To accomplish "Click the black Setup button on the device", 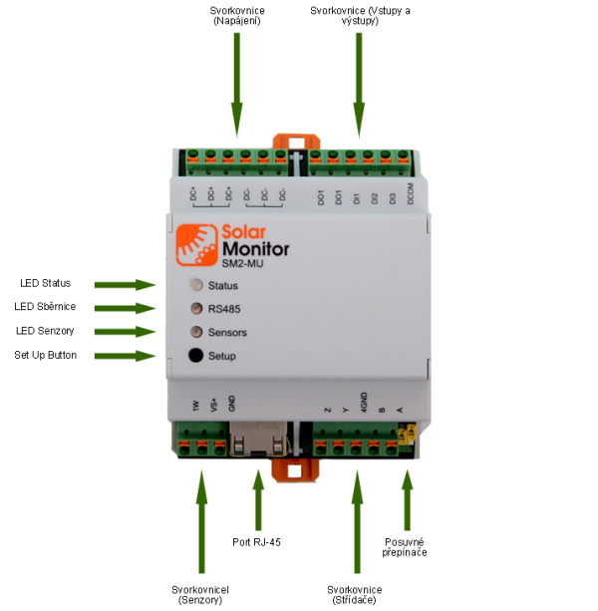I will (195, 356).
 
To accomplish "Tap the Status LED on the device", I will (195, 285).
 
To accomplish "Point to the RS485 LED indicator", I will (195, 308).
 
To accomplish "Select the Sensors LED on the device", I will (195, 332).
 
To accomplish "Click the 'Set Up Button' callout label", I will (46, 355).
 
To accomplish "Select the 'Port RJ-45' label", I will (255, 542).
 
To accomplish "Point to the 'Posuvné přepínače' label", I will (406, 547).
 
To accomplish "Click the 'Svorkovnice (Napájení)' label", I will (237, 15).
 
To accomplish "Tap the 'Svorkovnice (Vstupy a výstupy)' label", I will (359, 15).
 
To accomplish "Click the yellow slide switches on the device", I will (407, 434).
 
